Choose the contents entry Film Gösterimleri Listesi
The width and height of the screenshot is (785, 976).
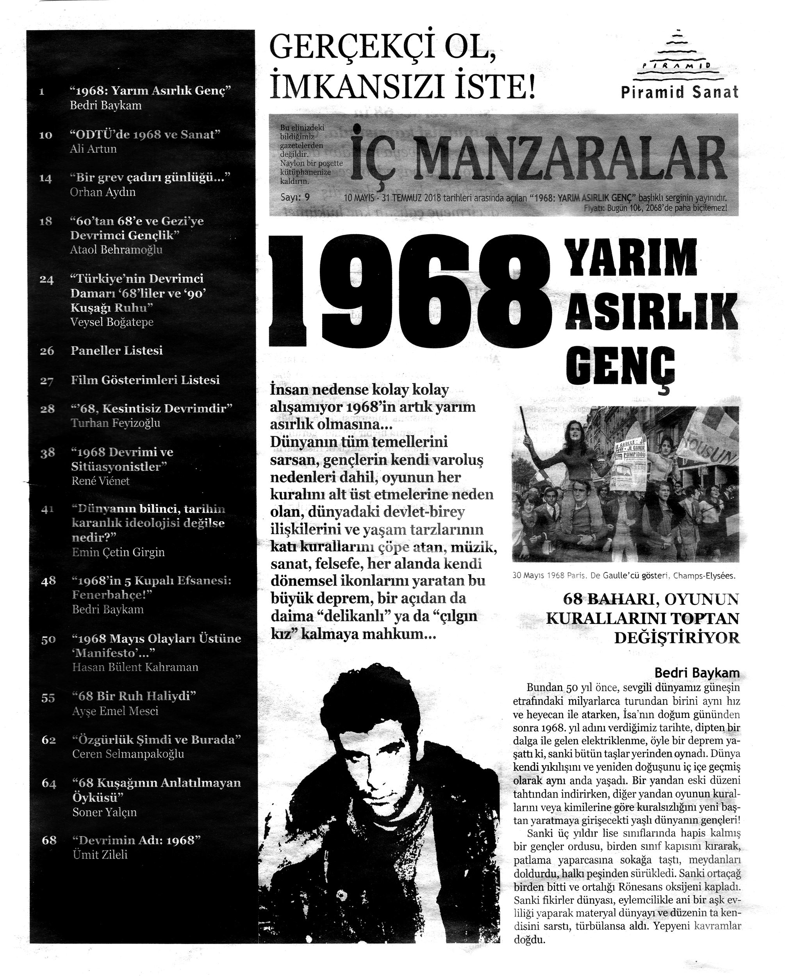145,380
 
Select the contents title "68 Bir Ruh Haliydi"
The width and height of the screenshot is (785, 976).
134,696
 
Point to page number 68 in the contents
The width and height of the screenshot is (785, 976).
48,840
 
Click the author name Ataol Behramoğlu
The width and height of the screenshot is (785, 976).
116,249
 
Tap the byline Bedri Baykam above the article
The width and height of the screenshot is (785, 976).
697,673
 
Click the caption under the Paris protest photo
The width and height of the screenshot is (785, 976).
624,576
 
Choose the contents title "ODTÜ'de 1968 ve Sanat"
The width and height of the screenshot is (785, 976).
145,134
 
